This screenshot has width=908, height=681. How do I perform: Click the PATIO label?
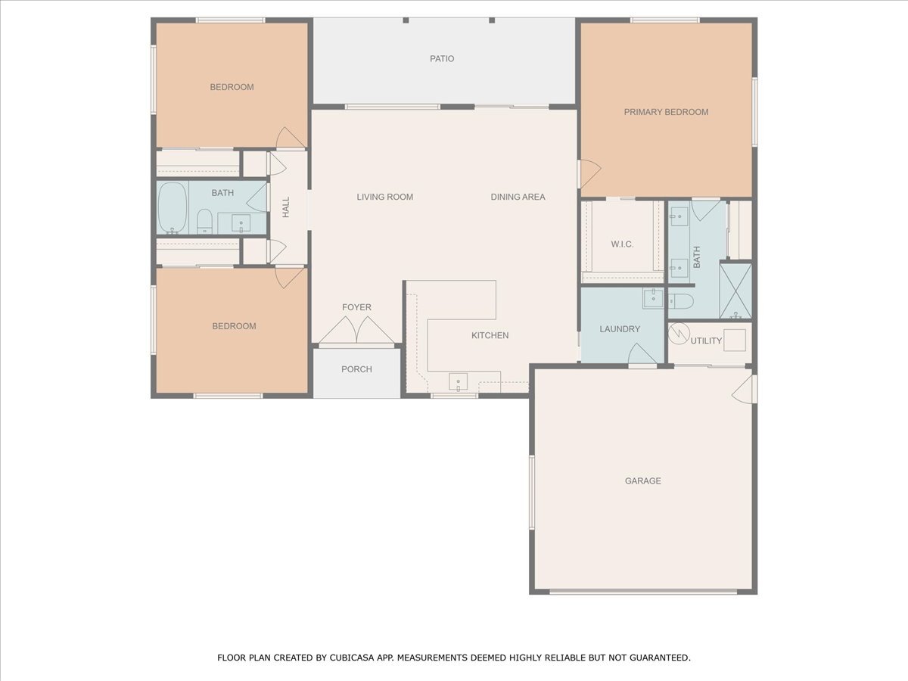pyautogui.click(x=442, y=59)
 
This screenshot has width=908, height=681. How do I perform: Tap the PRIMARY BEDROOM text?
pyautogui.click(x=666, y=112)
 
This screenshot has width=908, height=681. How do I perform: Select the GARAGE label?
pyautogui.click(x=643, y=481)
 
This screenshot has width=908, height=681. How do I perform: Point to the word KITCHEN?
pyautogui.click(x=490, y=335)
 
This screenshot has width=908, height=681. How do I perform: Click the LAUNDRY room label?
pyautogui.click(x=620, y=329)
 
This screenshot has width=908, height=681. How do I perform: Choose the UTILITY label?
pyautogui.click(x=706, y=340)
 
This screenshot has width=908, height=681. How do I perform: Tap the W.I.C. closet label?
pyautogui.click(x=622, y=244)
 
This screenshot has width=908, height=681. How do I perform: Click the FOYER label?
pyautogui.click(x=356, y=307)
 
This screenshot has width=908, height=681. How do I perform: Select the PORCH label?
pyautogui.click(x=356, y=369)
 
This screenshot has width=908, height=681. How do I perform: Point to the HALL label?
pyautogui.click(x=286, y=207)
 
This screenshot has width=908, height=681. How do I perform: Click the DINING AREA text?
pyautogui.click(x=518, y=197)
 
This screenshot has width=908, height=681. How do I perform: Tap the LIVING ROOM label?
pyautogui.click(x=384, y=197)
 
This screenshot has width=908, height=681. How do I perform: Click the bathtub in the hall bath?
pyautogui.click(x=173, y=207)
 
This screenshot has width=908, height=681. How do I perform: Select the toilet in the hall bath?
pyautogui.click(x=204, y=221)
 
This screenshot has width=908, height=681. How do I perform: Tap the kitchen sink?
pyautogui.click(x=459, y=381)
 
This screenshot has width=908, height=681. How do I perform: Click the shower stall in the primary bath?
pyautogui.click(x=735, y=291)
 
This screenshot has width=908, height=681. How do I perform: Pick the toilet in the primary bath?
pyautogui.click(x=680, y=301)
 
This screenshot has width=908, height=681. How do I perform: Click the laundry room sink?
pyautogui.click(x=653, y=299)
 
